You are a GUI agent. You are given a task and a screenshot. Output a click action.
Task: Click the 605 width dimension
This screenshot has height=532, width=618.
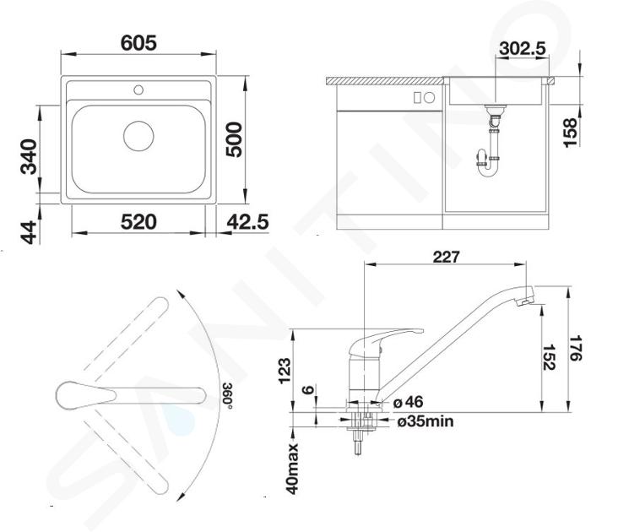(x=138, y=43)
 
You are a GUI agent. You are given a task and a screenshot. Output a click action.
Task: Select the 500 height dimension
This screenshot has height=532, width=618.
(x=234, y=139)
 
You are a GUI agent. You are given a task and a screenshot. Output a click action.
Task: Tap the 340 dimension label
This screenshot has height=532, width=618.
(x=29, y=156)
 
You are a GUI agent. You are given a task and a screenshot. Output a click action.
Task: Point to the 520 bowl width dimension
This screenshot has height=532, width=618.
(x=138, y=222)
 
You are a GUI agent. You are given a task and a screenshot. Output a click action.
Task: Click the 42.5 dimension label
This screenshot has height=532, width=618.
(x=247, y=222)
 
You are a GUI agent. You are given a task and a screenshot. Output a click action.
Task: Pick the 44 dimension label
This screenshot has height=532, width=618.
(x=29, y=233)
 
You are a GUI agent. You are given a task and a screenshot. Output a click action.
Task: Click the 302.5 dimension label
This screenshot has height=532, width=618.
(x=523, y=48)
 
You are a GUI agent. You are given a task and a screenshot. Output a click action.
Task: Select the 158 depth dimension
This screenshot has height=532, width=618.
(x=571, y=133)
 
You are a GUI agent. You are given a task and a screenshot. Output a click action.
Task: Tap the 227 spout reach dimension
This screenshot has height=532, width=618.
(x=446, y=257)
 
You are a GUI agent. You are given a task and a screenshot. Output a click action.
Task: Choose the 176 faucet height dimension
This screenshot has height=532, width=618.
(x=576, y=349)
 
